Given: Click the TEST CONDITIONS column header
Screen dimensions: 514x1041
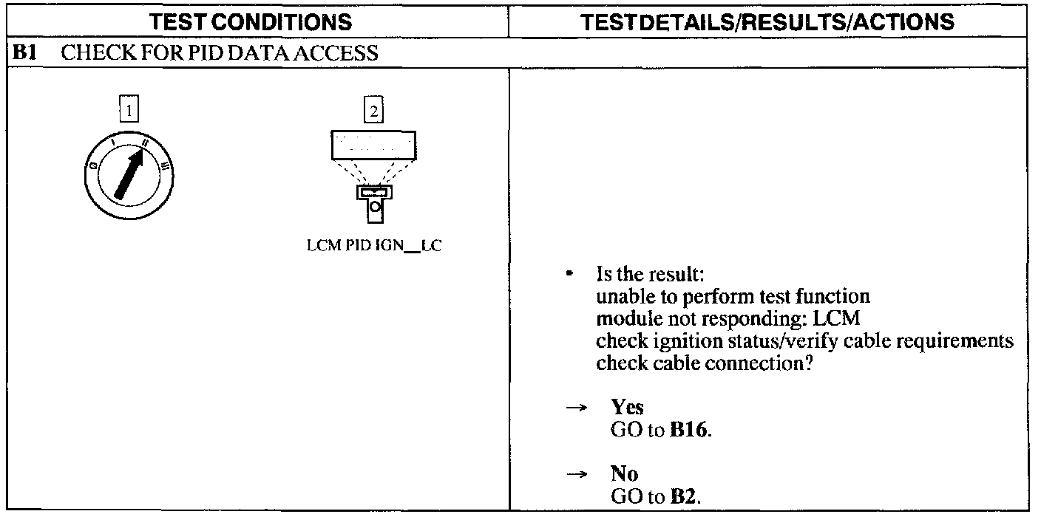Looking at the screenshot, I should click(x=251, y=23).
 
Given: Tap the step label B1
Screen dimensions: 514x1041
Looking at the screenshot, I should click(x=24, y=53).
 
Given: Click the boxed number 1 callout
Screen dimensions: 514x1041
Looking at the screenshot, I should click(x=129, y=112).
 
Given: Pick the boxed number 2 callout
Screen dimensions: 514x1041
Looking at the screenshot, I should click(x=373, y=112).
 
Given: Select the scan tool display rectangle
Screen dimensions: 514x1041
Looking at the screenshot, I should click(x=373, y=145).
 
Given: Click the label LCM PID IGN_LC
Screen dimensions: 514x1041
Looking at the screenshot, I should click(x=373, y=247).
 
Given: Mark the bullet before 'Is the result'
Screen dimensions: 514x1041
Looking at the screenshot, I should click(x=569, y=275).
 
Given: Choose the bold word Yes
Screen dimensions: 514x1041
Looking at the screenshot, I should click(x=627, y=407).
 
